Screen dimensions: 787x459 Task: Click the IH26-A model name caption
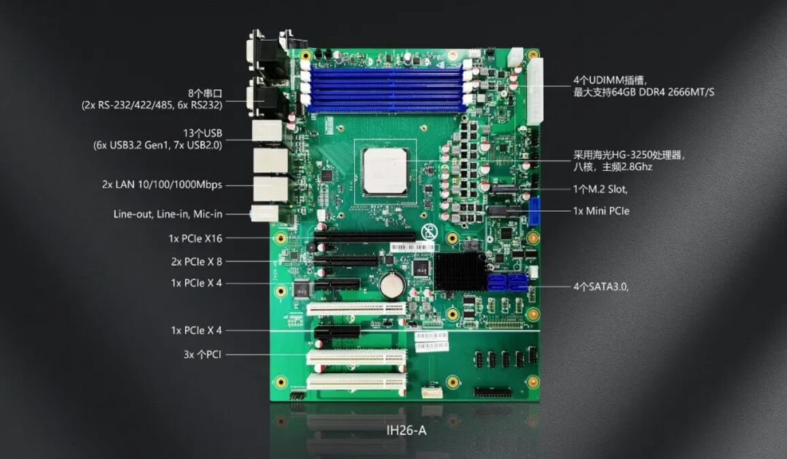406,430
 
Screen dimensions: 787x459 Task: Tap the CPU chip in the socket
385,171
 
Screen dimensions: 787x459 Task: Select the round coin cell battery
392,285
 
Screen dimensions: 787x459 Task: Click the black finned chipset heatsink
460,272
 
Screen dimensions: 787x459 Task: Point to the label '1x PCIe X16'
195,238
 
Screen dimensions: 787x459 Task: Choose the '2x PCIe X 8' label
196,262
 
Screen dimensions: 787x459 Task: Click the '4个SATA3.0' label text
600,287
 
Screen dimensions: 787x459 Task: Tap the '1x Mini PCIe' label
600,211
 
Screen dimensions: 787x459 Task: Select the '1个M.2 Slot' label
600,189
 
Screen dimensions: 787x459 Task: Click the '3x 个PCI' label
202,355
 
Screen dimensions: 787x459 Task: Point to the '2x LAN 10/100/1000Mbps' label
162,185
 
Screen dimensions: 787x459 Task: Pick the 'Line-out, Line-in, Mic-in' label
167,215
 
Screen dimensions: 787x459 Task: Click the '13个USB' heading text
202,133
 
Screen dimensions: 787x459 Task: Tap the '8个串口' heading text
205,93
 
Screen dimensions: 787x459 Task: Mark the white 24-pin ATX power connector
535,91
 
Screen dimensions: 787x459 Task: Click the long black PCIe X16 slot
365,237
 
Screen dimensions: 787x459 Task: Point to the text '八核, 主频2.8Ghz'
613,167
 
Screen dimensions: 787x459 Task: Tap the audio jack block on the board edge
264,213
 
